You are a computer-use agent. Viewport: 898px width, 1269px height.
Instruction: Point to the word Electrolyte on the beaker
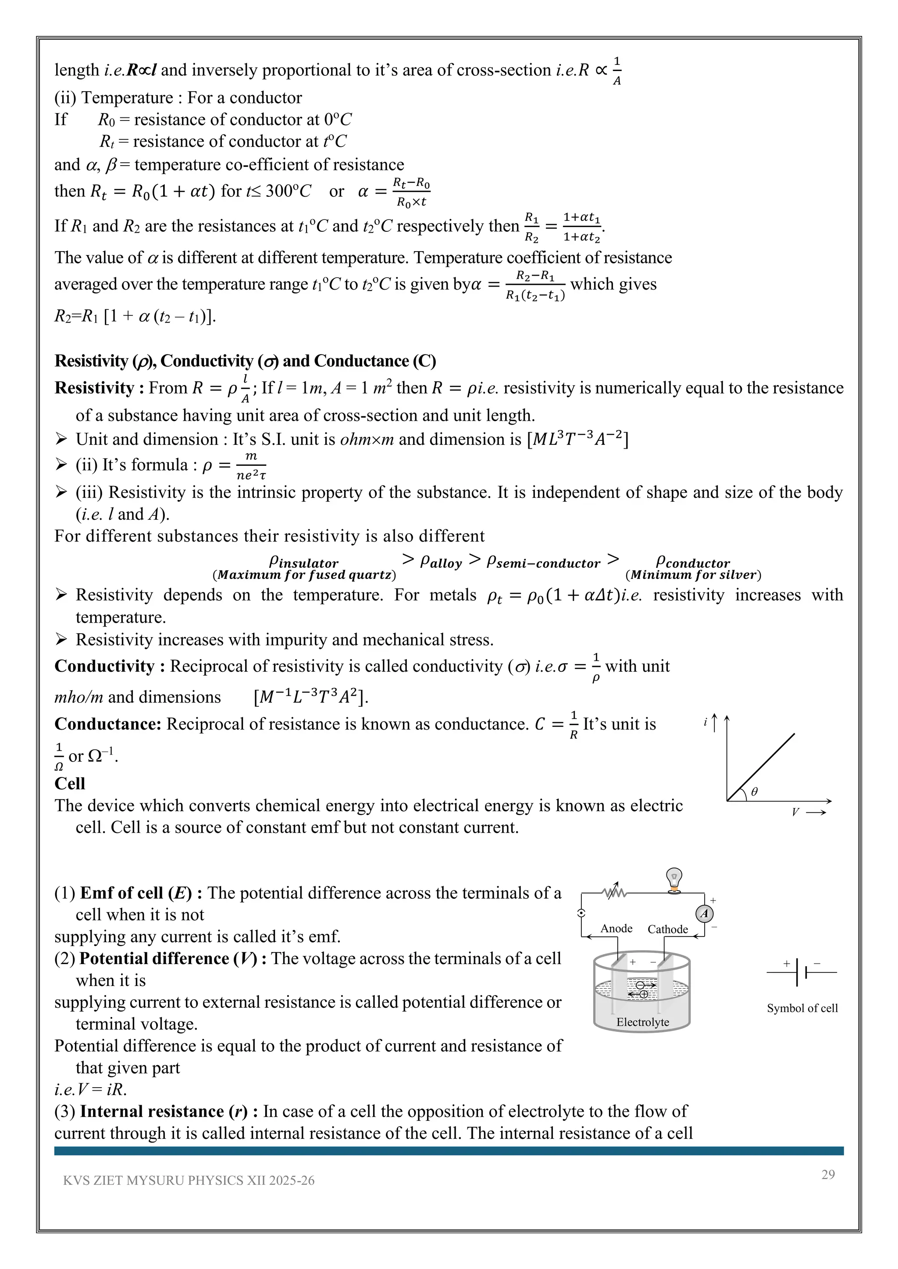(x=642, y=1022)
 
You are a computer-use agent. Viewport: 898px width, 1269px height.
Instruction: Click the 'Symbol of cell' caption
(x=802, y=1008)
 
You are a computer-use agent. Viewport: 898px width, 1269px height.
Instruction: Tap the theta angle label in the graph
(x=754, y=791)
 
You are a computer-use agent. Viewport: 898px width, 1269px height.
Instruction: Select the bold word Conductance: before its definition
(x=108, y=724)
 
